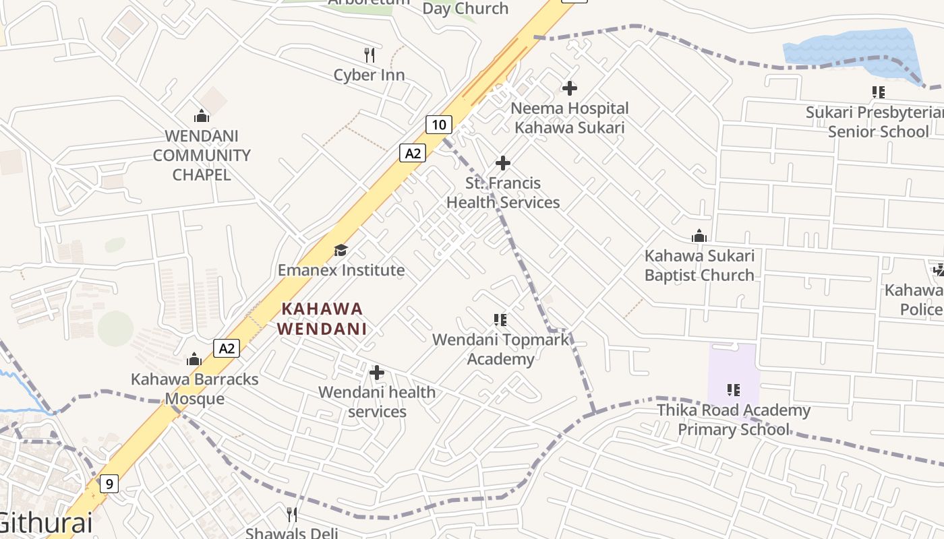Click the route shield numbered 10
(438, 124)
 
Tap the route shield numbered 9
(109, 483)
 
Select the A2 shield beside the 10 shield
(413, 153)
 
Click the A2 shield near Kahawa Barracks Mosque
(227, 348)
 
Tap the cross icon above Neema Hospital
(570, 88)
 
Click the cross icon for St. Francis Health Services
(503, 162)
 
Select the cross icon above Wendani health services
(377, 372)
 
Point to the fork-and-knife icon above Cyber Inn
(370, 55)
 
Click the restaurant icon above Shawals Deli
(292, 515)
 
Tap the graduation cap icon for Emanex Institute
(341, 251)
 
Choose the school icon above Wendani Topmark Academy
(500, 319)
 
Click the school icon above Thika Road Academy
(734, 389)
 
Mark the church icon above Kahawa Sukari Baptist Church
(699, 236)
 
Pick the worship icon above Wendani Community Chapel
(201, 116)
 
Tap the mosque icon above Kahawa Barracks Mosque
(194, 359)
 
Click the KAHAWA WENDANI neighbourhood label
(323, 319)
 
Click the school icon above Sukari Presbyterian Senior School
(878, 92)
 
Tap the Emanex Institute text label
(341, 270)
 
